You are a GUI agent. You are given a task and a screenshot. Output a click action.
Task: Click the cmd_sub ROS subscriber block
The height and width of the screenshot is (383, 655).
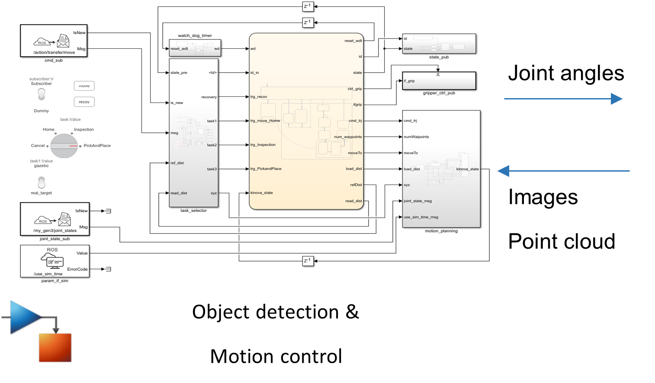(x=54, y=41)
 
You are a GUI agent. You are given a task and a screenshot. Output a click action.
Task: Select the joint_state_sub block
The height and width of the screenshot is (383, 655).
(x=55, y=219)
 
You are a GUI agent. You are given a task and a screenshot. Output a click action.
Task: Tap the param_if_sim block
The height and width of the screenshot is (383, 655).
(x=55, y=261)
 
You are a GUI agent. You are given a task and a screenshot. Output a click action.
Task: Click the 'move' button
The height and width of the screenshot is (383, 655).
(x=84, y=86)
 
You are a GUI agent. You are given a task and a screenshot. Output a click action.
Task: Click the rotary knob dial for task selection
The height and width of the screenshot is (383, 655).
(x=64, y=146)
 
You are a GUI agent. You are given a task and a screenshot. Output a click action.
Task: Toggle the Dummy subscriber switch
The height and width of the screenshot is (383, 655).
(x=42, y=94)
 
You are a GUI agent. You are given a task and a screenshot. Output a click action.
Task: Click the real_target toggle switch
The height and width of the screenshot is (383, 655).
(x=42, y=182)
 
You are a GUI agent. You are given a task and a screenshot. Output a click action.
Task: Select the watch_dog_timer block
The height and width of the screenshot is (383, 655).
(x=195, y=48)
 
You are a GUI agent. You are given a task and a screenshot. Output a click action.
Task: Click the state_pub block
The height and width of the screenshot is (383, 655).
(x=439, y=44)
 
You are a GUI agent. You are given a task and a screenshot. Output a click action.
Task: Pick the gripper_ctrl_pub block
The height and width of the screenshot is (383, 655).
(x=439, y=81)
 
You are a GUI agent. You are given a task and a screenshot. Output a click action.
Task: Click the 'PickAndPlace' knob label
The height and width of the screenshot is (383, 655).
(x=97, y=146)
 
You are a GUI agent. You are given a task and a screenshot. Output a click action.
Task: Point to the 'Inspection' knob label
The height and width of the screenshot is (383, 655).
(x=83, y=130)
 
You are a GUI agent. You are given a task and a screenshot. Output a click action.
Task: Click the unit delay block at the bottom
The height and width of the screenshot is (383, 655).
(x=308, y=261)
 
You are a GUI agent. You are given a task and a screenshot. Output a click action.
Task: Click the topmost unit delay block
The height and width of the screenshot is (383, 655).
(x=308, y=6)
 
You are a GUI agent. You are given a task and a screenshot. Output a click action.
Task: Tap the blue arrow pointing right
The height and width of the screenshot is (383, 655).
(x=563, y=99)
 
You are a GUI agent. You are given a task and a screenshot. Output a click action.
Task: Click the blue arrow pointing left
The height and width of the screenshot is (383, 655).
(x=563, y=171)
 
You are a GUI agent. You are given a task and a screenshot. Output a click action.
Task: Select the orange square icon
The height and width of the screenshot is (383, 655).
(x=55, y=347)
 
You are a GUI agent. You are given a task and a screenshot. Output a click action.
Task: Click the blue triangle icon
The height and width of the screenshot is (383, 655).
(x=24, y=317)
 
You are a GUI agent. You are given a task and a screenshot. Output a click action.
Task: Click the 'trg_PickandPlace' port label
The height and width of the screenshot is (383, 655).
(x=266, y=169)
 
